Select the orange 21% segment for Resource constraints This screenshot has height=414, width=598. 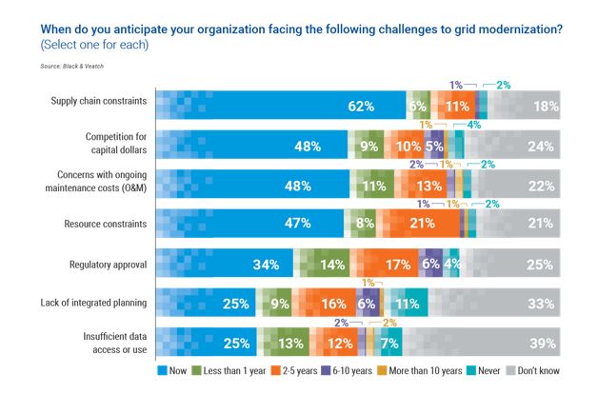422,224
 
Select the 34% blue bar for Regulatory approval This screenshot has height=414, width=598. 265,264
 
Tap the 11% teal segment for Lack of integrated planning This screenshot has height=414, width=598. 408,304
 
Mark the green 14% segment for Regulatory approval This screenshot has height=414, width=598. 332,264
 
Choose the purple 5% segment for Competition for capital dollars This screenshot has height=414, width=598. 434,146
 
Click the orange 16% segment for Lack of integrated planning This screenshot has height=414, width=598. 333,304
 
